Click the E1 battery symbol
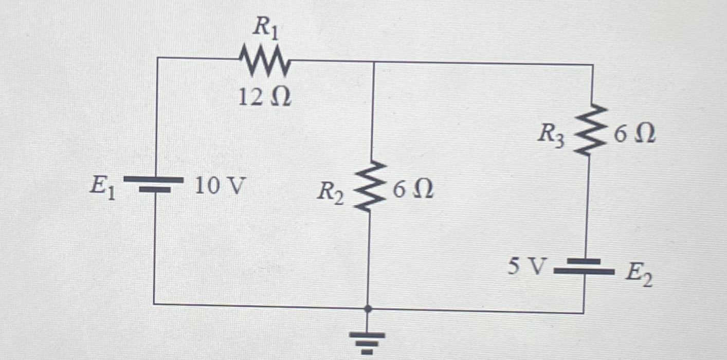154,184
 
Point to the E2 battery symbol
584,266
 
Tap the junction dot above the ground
367,309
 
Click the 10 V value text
218,188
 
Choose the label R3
551,136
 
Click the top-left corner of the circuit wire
156,58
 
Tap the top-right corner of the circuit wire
593,65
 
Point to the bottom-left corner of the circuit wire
154,303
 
